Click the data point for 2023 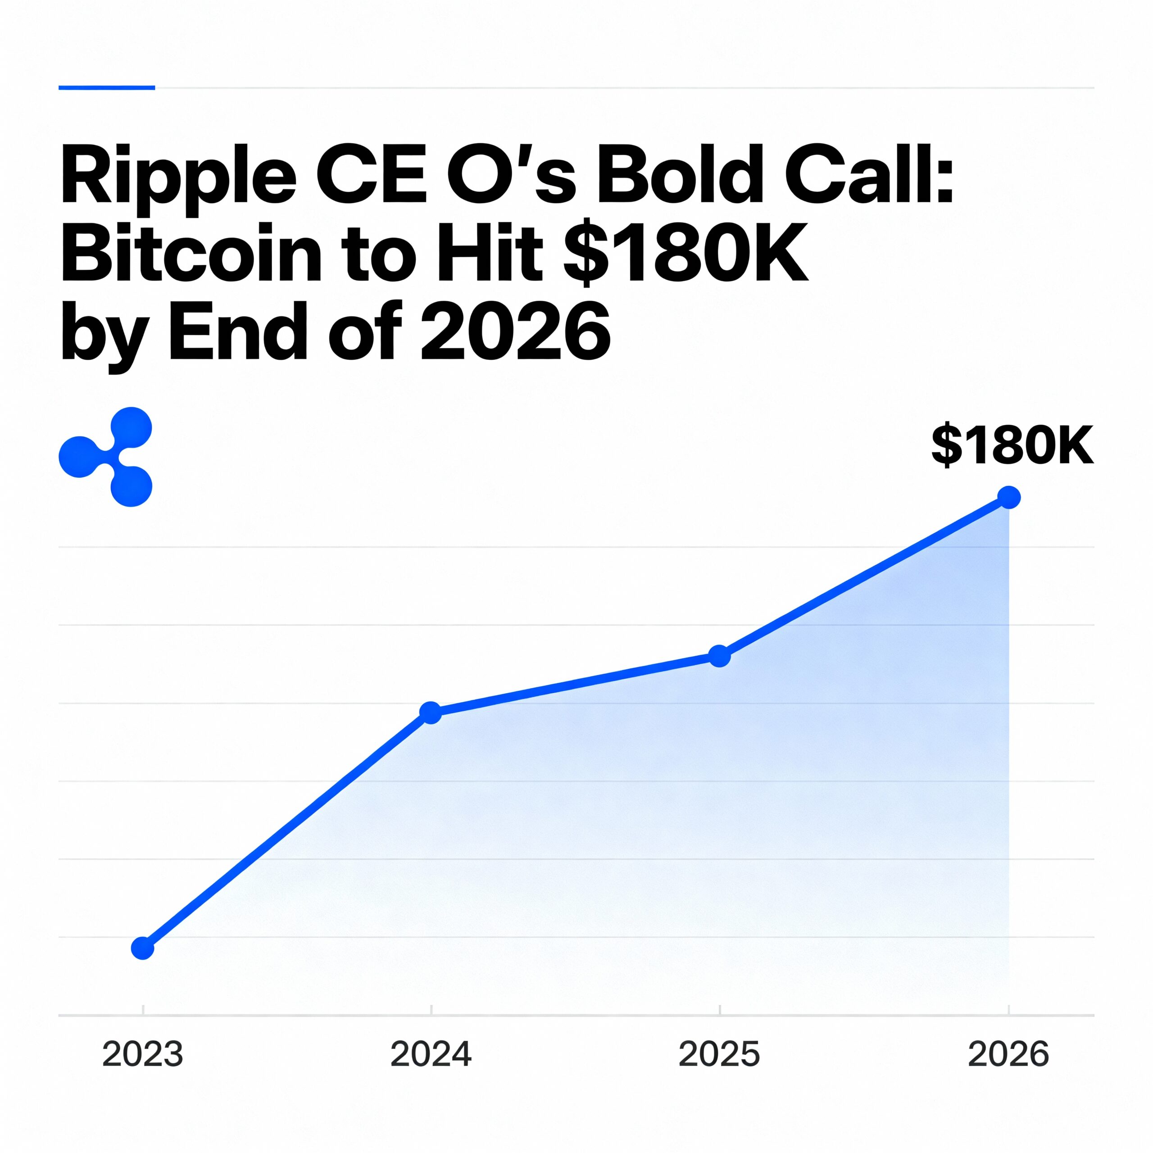[x=143, y=947]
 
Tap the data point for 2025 [x=719, y=656]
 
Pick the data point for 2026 [x=1008, y=497]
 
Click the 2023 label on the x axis [x=143, y=1054]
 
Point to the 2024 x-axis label [x=431, y=1054]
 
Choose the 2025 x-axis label [x=719, y=1054]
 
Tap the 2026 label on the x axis [x=1008, y=1054]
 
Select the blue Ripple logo [x=106, y=457]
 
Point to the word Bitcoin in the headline [x=191, y=254]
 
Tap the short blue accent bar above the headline [x=107, y=88]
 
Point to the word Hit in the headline [x=490, y=254]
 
